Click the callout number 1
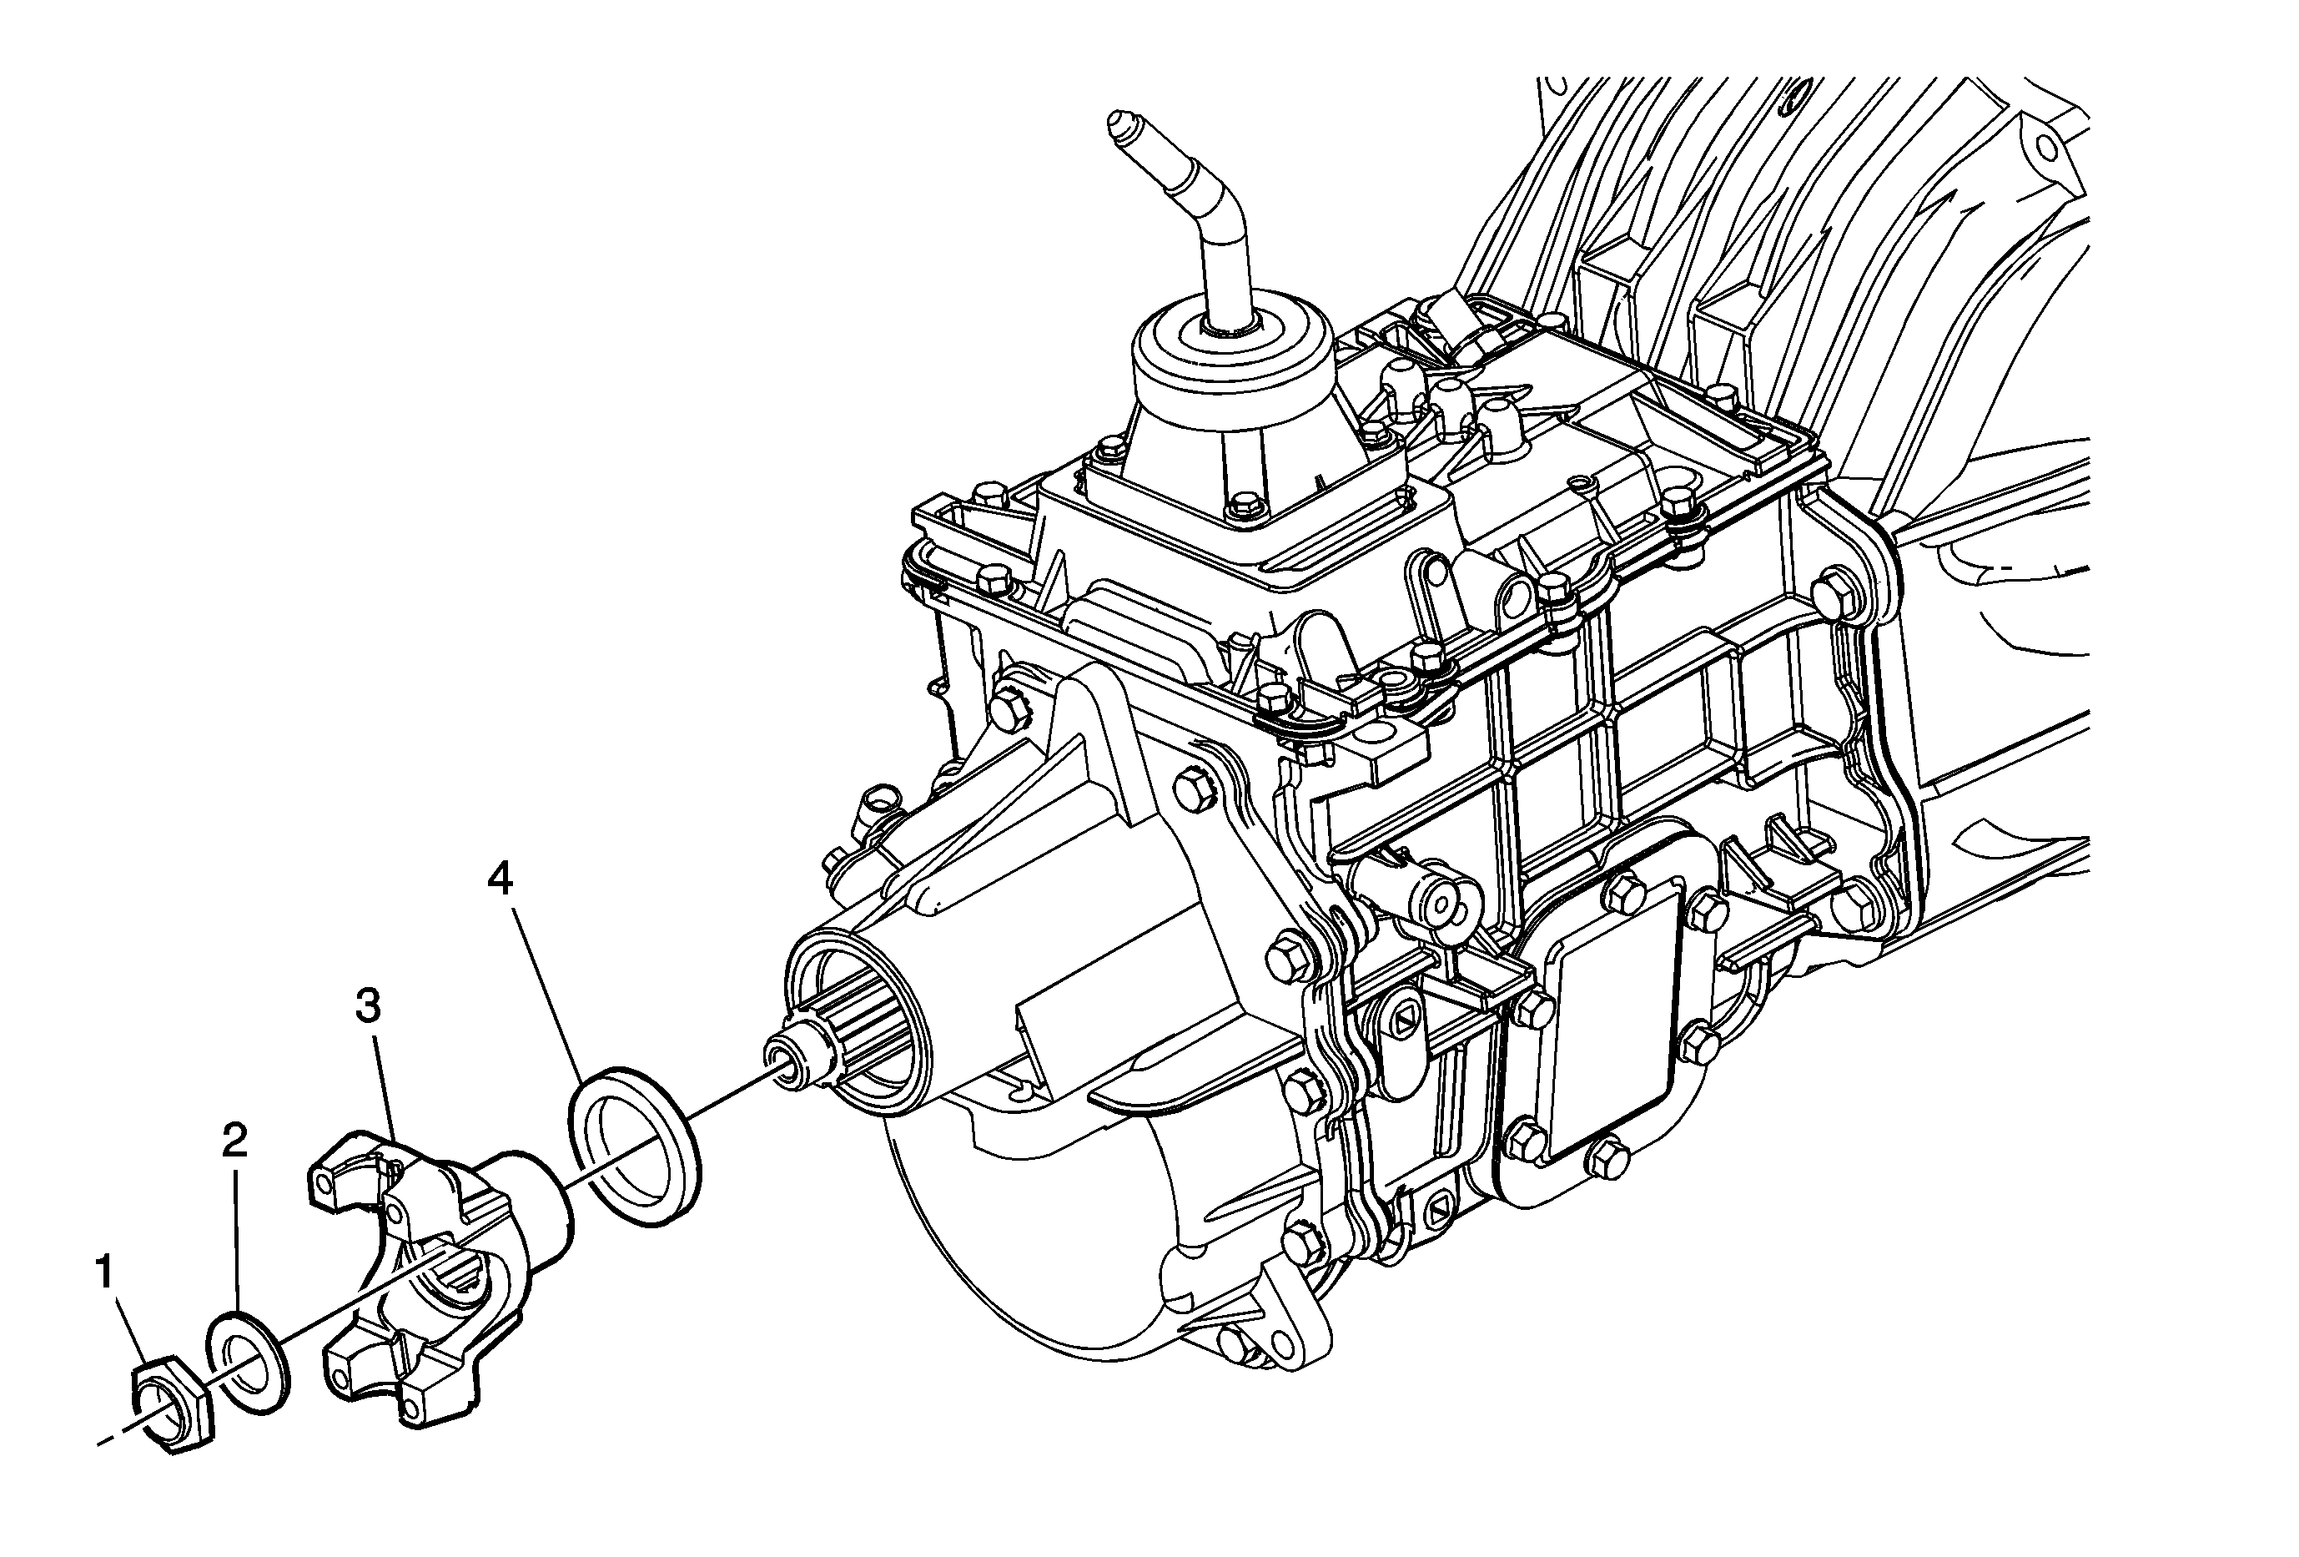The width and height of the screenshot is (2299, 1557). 105,1272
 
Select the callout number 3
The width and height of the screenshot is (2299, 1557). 367,1007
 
